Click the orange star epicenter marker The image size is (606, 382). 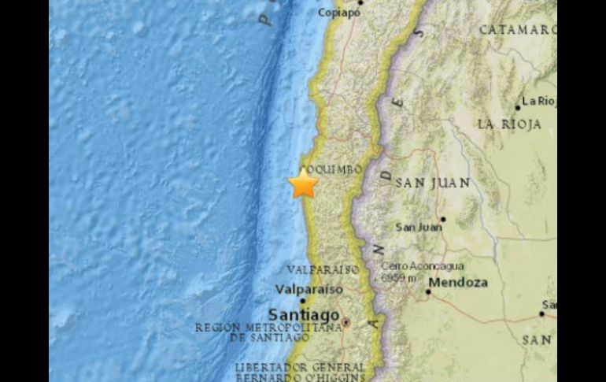click(x=303, y=184)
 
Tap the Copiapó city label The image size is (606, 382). click(x=340, y=13)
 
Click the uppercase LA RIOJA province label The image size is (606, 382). click(x=509, y=124)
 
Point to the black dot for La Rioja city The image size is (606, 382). click(x=517, y=107)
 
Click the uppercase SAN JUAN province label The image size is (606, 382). click(x=433, y=183)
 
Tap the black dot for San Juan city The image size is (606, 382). click(x=442, y=219)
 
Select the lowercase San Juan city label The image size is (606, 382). click(x=418, y=228)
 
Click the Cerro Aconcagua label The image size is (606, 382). click(x=422, y=266)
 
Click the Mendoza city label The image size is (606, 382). click(x=459, y=282)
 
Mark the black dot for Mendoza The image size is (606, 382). click(x=428, y=291)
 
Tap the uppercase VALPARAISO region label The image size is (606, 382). click(x=323, y=269)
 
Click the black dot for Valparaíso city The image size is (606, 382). click(x=302, y=299)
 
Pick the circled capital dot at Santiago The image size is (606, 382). click(x=345, y=322)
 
